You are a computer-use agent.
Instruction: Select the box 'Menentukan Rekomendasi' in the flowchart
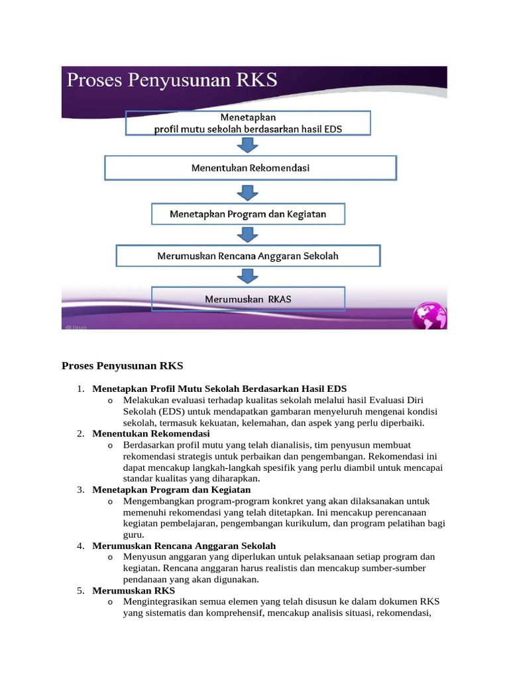(x=250, y=168)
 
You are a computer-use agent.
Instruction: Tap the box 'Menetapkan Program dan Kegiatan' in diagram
(x=248, y=214)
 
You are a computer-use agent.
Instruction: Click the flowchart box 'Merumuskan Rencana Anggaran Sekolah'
(x=248, y=255)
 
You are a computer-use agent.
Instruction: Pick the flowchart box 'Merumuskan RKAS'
(x=248, y=299)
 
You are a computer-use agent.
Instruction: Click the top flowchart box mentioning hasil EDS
(x=248, y=123)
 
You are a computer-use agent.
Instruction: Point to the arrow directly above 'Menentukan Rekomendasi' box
(x=248, y=145)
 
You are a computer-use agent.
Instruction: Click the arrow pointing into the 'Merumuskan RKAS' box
(x=248, y=277)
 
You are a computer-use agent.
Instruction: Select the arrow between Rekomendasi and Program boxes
(x=248, y=192)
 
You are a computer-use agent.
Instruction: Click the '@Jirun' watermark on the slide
(x=76, y=326)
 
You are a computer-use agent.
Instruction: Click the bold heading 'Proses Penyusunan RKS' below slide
(x=122, y=365)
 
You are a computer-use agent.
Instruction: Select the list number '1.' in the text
(x=80, y=389)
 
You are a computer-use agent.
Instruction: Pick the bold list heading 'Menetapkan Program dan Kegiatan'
(x=172, y=489)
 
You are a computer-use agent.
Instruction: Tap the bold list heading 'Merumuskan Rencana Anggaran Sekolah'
(x=184, y=546)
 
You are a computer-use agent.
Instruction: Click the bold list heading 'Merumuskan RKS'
(x=134, y=590)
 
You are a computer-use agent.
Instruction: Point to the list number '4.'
(x=80, y=546)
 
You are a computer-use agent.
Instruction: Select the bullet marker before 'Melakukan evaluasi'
(x=109, y=401)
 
